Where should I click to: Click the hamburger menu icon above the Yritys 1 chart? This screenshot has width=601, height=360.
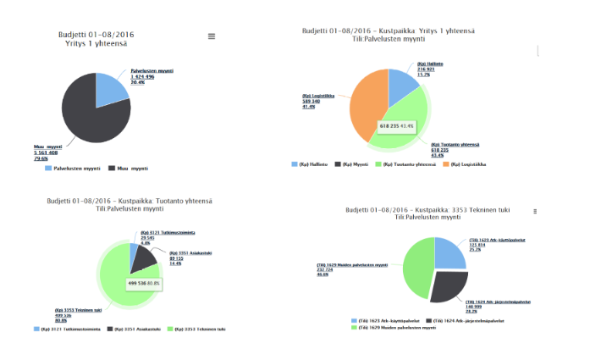pos(212,36)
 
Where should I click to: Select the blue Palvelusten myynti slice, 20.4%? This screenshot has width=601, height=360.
pos(113,91)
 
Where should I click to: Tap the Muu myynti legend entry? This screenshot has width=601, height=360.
pos(129,169)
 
